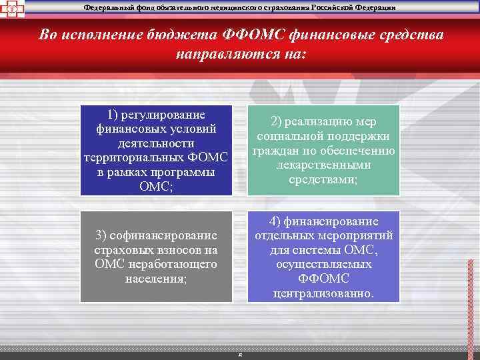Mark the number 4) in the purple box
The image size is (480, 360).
276,221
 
